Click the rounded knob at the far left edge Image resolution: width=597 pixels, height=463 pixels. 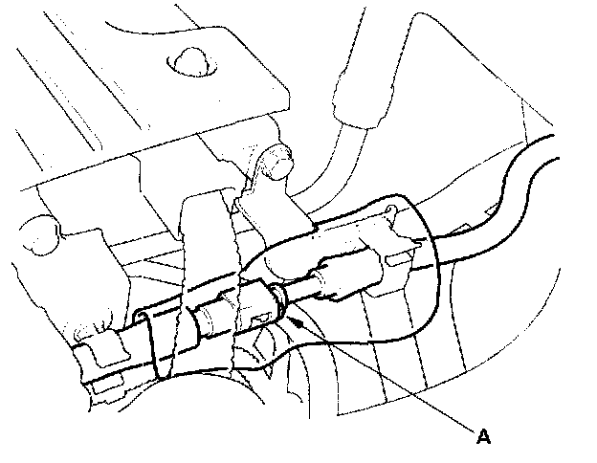[x=36, y=233]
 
